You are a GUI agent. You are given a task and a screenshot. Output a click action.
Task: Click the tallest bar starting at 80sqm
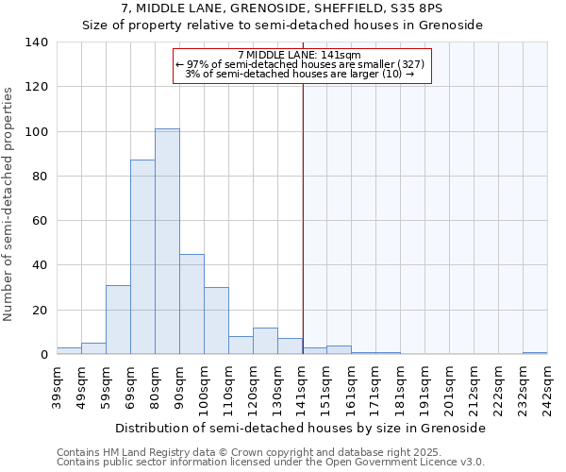167,242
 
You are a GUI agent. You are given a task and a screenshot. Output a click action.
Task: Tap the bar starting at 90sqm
191,304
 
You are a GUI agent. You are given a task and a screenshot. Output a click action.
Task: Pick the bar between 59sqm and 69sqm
118,320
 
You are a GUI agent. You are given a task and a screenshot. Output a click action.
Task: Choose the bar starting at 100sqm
216,321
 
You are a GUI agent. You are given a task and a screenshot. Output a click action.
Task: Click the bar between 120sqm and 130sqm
265,341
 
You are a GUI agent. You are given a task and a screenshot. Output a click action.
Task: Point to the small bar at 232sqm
535,353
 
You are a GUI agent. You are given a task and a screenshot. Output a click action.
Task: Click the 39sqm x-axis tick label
58,387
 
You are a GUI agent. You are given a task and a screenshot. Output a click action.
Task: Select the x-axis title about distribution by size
302,428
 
